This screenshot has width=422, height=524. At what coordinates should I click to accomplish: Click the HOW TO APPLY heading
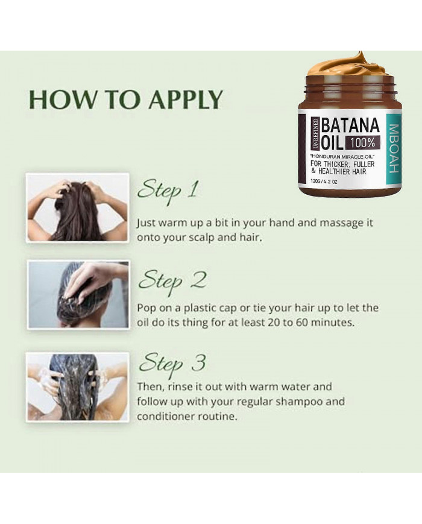[x=125, y=99]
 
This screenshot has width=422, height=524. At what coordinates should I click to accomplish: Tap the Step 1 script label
[x=168, y=189]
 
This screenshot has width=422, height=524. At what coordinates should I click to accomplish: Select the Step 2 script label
[x=172, y=280]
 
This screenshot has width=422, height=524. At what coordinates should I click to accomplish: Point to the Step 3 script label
[x=172, y=362]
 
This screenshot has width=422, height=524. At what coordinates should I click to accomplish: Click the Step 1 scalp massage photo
[x=77, y=207]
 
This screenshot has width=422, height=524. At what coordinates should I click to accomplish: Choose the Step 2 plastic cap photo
[x=78, y=295]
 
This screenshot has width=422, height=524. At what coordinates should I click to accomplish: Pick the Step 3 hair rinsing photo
[x=78, y=386]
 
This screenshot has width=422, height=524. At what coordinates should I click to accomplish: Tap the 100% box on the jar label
[x=362, y=143]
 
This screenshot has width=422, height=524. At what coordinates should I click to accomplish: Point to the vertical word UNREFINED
[x=315, y=133]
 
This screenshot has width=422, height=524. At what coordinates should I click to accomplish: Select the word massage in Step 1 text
[x=323, y=223]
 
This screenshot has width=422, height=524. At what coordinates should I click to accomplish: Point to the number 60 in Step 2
[x=313, y=322]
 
